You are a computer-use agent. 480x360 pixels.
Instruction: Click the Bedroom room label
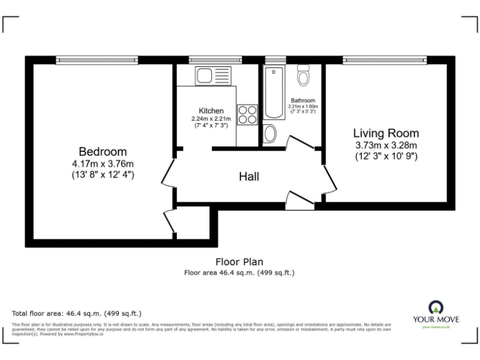click(102, 151)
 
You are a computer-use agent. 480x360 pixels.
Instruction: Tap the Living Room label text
click(386, 133)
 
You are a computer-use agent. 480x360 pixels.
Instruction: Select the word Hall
click(249, 177)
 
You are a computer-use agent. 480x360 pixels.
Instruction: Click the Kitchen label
click(211, 111)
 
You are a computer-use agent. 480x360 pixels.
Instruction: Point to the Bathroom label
click(302, 100)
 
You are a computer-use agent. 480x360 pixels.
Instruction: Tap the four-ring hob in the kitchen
click(247, 114)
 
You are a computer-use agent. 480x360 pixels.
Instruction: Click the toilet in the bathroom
click(304, 76)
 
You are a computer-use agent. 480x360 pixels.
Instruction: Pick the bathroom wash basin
click(270, 133)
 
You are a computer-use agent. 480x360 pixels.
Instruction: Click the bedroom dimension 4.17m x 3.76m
click(102, 164)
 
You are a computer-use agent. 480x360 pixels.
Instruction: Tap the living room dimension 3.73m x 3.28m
click(386, 144)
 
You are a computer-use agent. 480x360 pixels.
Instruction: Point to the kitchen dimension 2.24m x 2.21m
click(211, 119)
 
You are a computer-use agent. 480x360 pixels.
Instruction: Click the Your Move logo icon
click(436, 306)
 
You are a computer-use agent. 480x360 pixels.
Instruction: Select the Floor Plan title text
click(239, 262)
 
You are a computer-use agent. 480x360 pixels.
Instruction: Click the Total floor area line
click(77, 312)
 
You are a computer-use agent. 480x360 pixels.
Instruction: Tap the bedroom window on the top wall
click(97, 60)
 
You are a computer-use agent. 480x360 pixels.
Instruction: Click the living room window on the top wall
click(384, 60)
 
